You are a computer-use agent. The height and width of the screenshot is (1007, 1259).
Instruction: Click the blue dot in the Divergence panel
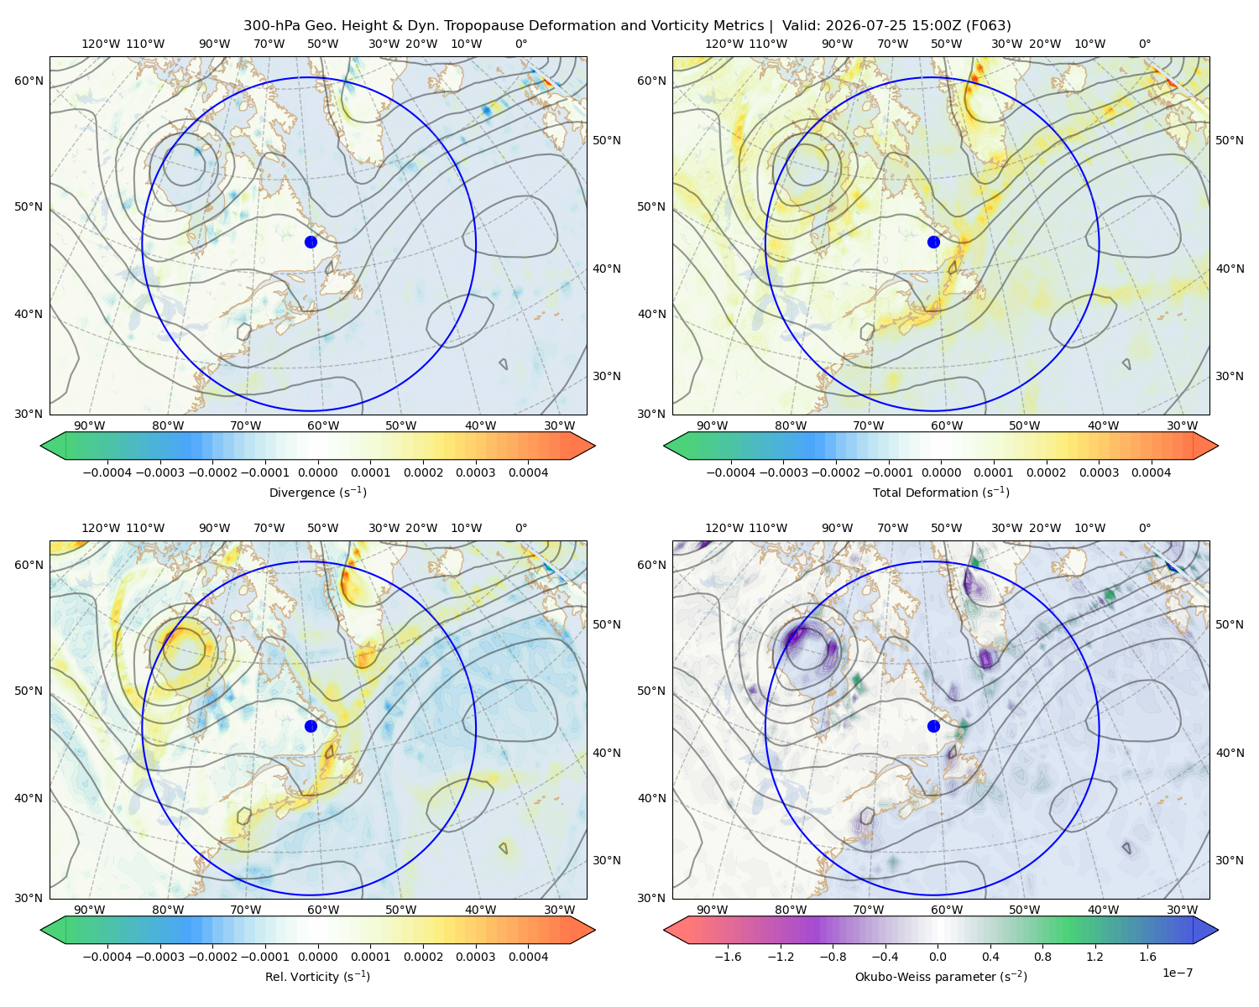[x=311, y=242]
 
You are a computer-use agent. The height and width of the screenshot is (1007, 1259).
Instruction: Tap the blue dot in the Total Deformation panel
[x=933, y=242]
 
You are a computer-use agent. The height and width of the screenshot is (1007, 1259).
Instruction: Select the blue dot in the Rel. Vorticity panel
[x=311, y=726]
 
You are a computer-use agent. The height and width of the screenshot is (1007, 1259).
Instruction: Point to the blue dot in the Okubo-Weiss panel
[x=933, y=726]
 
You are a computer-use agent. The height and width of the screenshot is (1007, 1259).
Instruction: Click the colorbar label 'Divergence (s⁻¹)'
[x=317, y=492]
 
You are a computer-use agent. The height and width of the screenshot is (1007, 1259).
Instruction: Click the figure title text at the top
[x=627, y=26]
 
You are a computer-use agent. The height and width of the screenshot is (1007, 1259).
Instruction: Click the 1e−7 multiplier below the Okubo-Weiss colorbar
[x=1177, y=973]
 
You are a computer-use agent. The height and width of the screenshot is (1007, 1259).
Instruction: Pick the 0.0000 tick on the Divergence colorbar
[x=317, y=472]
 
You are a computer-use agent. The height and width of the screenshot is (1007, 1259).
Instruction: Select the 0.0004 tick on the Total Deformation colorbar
[x=1151, y=472]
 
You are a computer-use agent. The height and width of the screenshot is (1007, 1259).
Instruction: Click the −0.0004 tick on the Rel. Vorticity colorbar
[x=107, y=957]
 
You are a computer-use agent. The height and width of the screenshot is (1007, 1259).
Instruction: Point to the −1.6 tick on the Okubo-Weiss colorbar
[x=728, y=957]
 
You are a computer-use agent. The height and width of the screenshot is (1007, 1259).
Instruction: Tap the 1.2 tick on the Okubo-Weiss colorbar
[x=1094, y=957]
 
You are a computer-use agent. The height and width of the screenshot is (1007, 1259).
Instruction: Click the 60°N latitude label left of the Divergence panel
[x=29, y=81]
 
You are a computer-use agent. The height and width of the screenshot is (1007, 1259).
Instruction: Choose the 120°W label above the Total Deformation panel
[x=724, y=44]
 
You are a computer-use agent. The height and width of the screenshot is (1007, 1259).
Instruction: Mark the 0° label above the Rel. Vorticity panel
[x=521, y=528]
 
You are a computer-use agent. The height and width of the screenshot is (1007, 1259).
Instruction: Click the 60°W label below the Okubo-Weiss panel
[x=946, y=910]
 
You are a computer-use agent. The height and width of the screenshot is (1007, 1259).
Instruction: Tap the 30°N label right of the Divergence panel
[x=607, y=376]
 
